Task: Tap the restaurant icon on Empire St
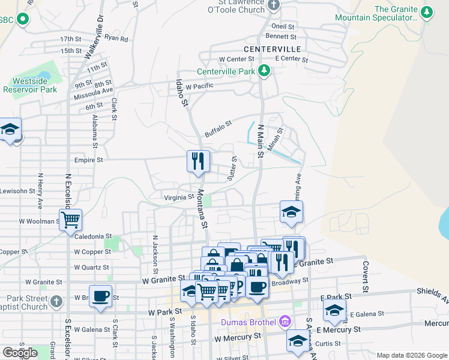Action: [199, 161]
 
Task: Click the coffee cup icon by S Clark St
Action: [101, 296]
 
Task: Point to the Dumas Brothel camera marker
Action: [285, 322]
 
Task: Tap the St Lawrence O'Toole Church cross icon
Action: [274, 6]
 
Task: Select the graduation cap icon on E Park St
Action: [334, 310]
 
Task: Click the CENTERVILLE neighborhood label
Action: [268, 48]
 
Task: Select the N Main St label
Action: [261, 142]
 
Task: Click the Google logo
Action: [20, 353]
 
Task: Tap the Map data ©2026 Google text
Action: [411, 355]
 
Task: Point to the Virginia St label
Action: [179, 197]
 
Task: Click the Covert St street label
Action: [364, 277]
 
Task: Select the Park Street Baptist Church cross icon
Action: [56, 301]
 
